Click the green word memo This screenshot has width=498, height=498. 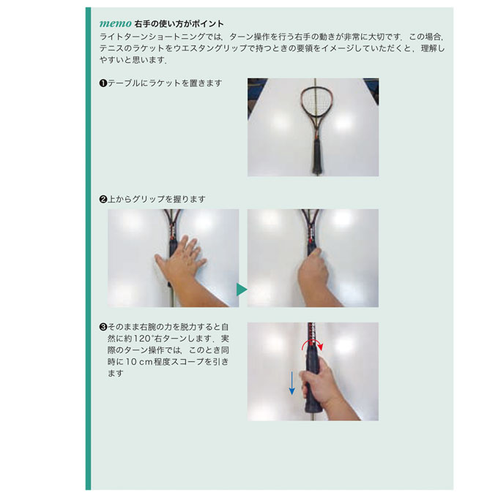[116, 24]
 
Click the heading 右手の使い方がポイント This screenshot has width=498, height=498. [179, 24]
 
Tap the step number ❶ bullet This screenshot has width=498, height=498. [103, 83]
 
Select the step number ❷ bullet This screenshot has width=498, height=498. [103, 200]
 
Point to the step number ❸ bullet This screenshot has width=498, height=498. [103, 327]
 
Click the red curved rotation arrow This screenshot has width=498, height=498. [312, 342]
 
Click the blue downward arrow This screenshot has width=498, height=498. [291, 383]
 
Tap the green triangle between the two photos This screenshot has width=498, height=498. [242, 290]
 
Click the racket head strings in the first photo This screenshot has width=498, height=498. [316, 102]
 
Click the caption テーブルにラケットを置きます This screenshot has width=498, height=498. [165, 83]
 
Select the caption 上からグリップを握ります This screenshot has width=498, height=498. [157, 200]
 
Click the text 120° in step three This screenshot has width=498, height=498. [143, 339]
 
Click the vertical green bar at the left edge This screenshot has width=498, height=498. [88, 249]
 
